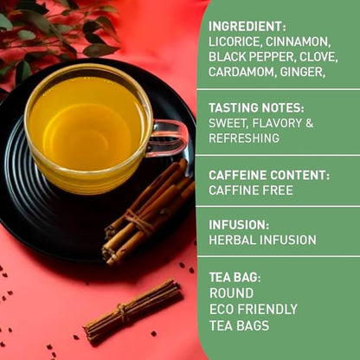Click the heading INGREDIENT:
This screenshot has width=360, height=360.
pos(248,26)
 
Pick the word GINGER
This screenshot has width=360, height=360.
pos(302,72)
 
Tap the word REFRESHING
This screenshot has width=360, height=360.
pos(244,138)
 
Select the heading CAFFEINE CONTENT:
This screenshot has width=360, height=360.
pos(268,175)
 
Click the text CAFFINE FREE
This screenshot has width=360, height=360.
pos(251,190)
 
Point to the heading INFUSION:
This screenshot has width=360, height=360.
pos(239,224)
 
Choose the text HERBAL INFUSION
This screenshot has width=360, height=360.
pos(262,240)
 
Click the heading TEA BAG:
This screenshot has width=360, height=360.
pos(235,278)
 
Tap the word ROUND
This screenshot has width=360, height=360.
pos(231,293)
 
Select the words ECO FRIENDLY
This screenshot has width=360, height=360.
pos(253,309)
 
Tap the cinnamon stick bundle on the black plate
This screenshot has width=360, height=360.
pos(147,212)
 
